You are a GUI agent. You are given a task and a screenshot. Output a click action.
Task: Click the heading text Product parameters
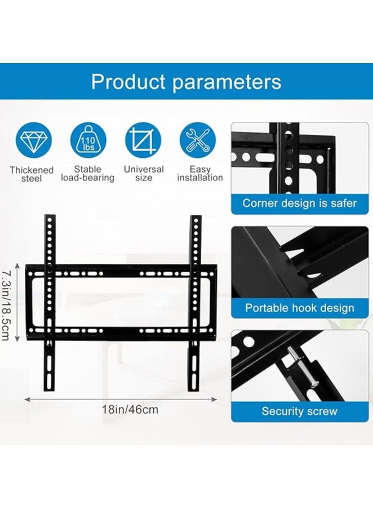(186, 82)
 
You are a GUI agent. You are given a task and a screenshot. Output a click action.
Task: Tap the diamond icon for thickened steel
(33, 141)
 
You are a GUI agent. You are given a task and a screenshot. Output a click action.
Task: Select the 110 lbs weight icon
(88, 141)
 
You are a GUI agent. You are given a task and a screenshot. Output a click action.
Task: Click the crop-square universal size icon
(143, 141)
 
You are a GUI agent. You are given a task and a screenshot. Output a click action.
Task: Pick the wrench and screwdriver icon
(198, 141)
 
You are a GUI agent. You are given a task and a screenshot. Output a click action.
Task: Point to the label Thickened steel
(32, 174)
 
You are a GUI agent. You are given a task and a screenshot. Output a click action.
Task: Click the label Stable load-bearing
(88, 174)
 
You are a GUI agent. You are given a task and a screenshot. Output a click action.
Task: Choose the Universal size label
(144, 174)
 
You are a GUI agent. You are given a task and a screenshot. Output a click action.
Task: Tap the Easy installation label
(200, 174)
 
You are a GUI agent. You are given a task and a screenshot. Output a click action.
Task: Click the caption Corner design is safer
(299, 203)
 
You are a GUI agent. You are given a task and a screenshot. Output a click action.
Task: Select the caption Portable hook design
(299, 308)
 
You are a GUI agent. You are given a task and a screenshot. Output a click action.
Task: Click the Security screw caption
(299, 411)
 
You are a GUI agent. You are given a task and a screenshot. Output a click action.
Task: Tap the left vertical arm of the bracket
(50, 304)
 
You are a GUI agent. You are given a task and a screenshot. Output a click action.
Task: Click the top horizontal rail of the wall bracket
(121, 272)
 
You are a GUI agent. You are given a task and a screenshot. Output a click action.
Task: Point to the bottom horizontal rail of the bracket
(121, 331)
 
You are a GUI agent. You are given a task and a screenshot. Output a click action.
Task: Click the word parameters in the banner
(227, 82)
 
